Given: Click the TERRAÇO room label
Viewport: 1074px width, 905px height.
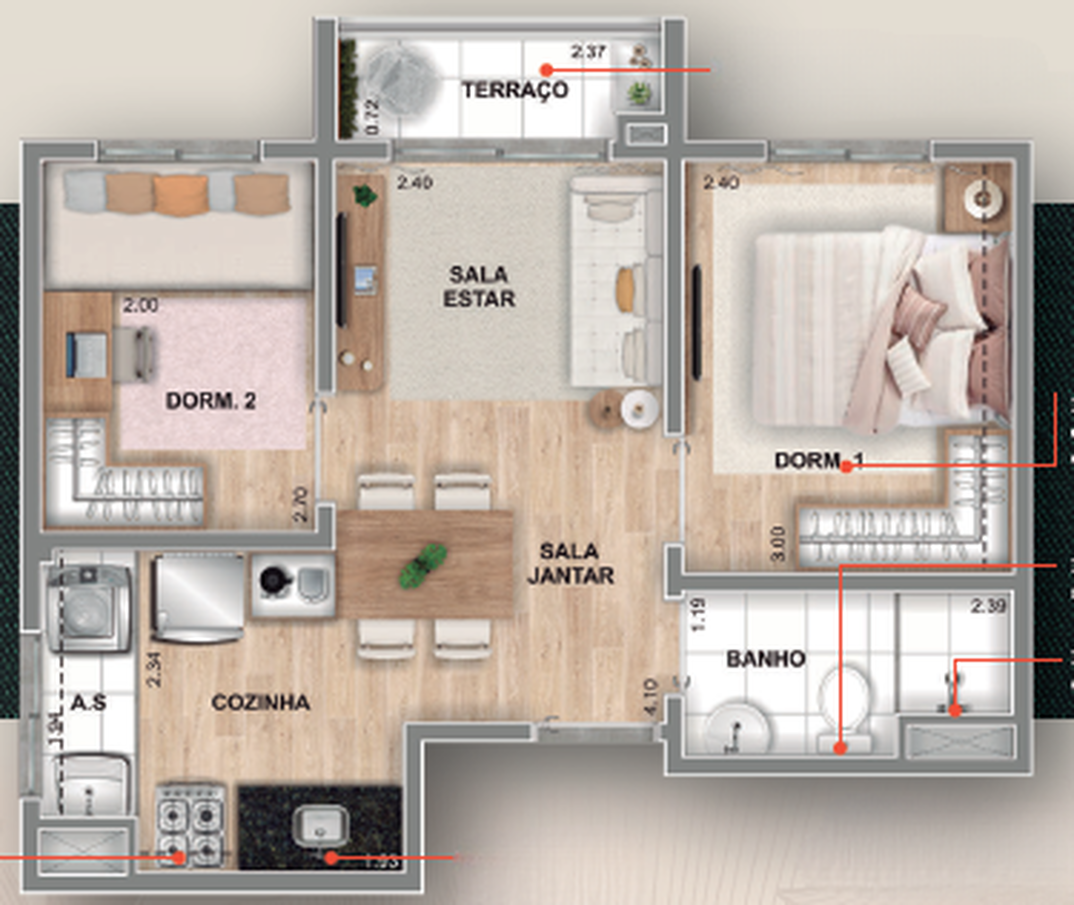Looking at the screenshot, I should point(515,90).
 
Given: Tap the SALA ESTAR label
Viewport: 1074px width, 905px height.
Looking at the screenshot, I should point(479,287).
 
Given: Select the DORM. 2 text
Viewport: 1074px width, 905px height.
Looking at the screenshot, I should point(210,401).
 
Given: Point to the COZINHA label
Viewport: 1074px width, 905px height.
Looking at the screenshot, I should point(260,702).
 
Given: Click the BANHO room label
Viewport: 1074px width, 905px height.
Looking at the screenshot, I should point(766,659).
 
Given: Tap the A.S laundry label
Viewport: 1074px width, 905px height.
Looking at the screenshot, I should point(88,702).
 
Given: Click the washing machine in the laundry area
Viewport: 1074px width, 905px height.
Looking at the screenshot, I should point(87,608).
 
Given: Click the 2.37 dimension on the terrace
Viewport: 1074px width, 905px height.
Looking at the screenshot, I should point(588,52).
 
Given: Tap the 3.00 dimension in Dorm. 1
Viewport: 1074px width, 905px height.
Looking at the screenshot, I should point(778,544).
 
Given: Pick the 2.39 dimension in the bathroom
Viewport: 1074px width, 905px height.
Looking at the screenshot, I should point(988,606).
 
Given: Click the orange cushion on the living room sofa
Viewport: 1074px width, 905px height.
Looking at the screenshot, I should point(625,290).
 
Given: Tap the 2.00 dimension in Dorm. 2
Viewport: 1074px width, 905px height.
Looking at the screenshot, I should point(140,306).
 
